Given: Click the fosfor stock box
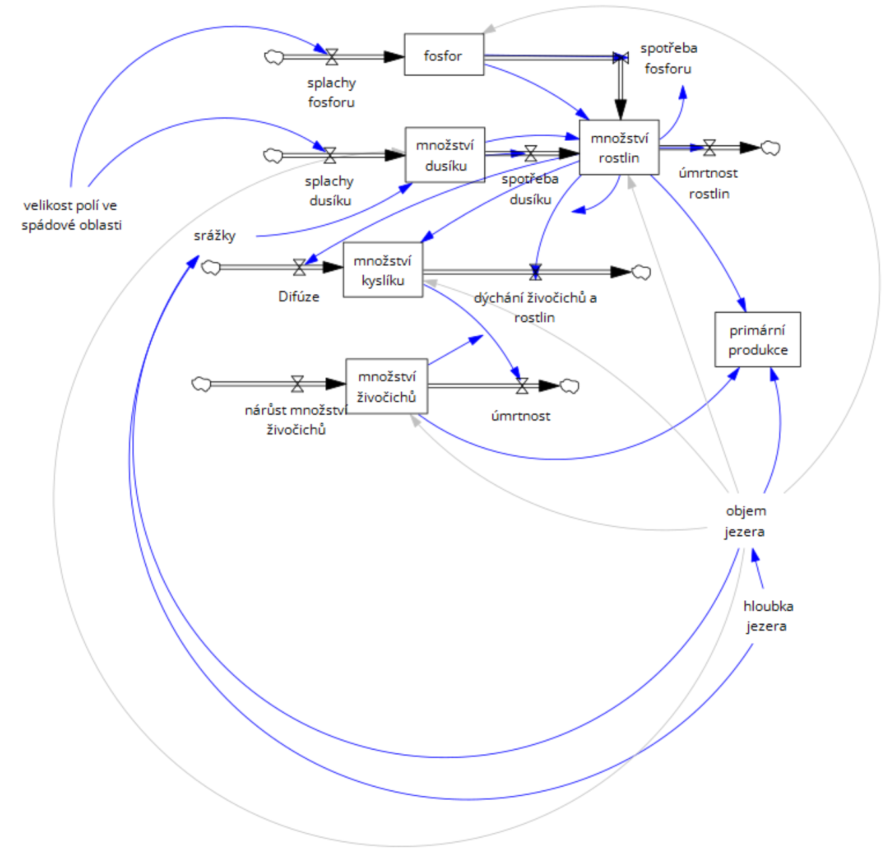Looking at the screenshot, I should tap(444, 55).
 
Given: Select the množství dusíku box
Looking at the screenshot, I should tap(445, 155).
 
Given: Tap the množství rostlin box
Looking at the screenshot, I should tap(619, 147).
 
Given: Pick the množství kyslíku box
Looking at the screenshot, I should tap(383, 270).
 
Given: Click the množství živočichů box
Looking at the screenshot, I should tap(387, 387).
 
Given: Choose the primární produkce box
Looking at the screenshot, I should tap(757, 340).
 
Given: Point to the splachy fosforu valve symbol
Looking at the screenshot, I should tap(332, 57).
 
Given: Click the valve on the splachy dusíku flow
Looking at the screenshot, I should tap(330, 155).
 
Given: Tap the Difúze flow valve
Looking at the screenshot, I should tap(299, 267).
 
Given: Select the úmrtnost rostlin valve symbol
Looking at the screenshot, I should tap(709, 147).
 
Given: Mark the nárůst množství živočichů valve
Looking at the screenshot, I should tap(297, 384).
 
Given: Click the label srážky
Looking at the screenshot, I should tap(214, 235).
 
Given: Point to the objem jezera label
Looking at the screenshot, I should tap(745, 521).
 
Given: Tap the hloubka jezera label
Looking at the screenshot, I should tap(767, 616).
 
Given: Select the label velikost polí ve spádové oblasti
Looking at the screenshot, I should tap(71, 215).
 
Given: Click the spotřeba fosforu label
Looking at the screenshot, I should tap(668, 58).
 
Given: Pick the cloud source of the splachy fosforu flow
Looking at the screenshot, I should tap(274, 57).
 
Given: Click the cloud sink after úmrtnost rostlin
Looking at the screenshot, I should tap(770, 148).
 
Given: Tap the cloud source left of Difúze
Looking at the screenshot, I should tap(211, 268).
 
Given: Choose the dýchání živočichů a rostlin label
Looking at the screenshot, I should tap(535, 307).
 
